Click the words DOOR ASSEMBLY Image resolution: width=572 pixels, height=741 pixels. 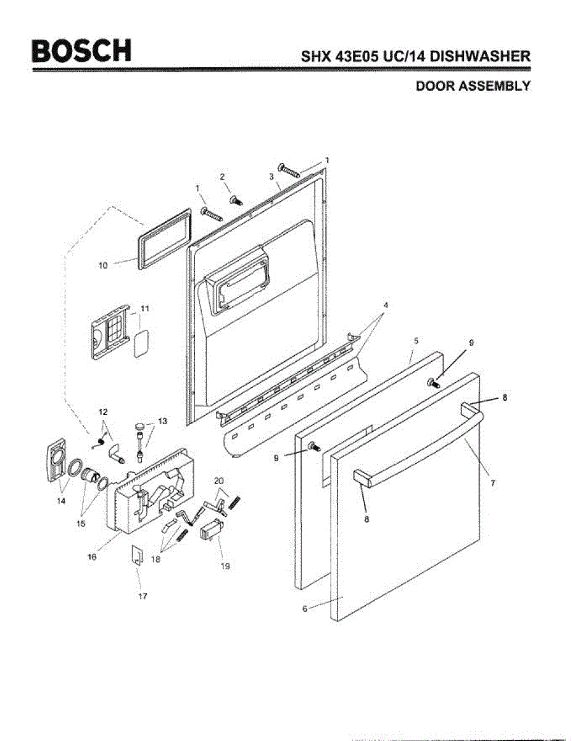(473, 86)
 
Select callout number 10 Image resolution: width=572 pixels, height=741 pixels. (103, 266)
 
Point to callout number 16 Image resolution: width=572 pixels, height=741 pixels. (92, 556)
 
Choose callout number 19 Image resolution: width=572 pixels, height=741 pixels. (225, 566)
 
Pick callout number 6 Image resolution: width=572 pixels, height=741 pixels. (305, 609)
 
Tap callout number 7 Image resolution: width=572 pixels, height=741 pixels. (492, 484)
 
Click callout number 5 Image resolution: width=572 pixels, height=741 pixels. (417, 341)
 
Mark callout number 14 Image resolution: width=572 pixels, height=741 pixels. (60, 501)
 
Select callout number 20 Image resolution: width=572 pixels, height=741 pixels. (218, 480)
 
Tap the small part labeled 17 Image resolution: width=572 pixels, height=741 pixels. (136, 555)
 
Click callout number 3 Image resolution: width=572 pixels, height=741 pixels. (271, 177)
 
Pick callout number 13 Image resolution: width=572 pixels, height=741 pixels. (162, 421)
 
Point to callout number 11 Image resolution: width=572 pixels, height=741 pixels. (145, 308)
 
